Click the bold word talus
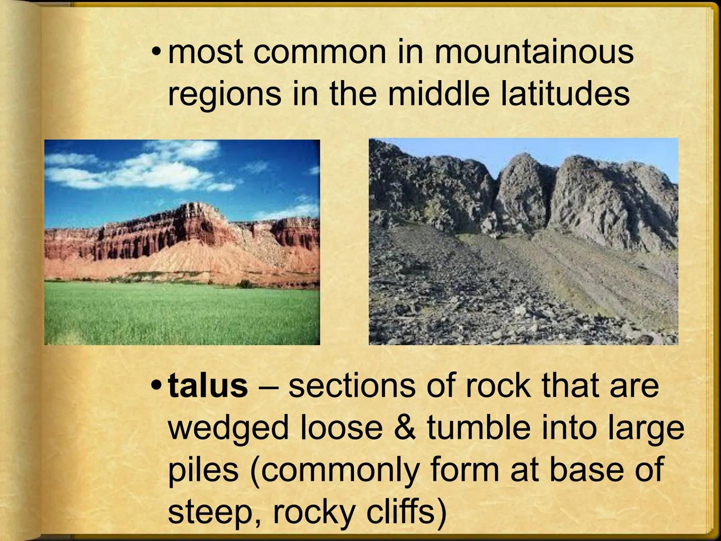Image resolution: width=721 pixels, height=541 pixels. (x=208, y=386)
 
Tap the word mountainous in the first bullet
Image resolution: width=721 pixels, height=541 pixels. (x=534, y=52)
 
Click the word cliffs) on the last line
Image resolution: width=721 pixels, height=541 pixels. (x=405, y=512)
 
